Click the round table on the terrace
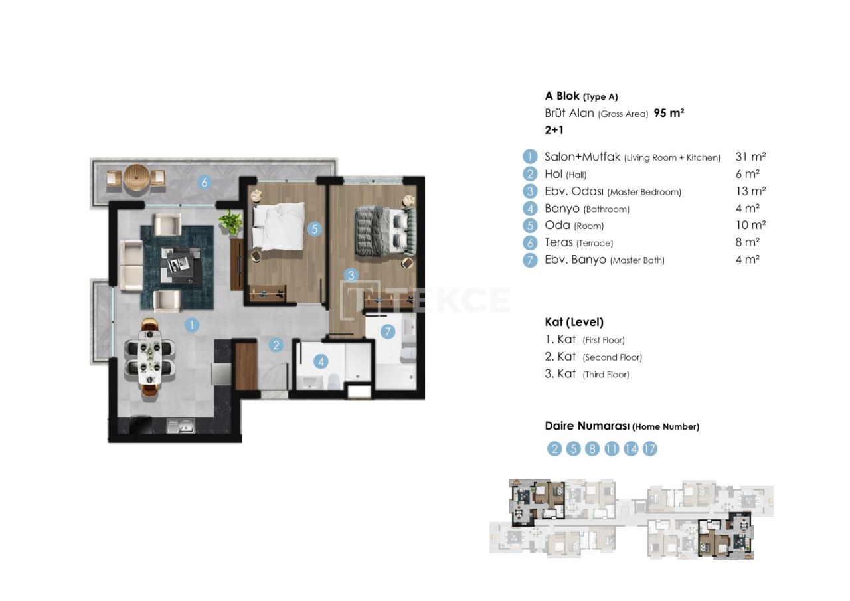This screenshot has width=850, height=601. click(135, 179)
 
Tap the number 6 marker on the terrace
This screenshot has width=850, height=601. click(205, 182)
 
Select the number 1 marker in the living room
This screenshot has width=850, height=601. click(191, 325)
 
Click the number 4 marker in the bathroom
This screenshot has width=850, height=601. click(321, 362)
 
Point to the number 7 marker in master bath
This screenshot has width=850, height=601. click(387, 331)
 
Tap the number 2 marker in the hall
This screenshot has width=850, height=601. click(276, 345)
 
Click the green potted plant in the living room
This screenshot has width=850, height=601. click(231, 222)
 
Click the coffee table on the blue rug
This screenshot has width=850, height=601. click(179, 265)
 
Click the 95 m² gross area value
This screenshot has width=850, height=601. click(669, 113)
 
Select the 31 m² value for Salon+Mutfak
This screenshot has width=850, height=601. click(750, 157)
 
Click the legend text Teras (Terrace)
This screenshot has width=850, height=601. click(578, 243)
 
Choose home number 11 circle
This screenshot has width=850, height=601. click(612, 449)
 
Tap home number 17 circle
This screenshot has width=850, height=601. click(650, 449)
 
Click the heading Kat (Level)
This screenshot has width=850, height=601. click(574, 322)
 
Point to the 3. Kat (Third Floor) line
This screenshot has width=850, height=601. click(586, 374)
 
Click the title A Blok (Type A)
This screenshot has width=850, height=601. click(581, 96)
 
